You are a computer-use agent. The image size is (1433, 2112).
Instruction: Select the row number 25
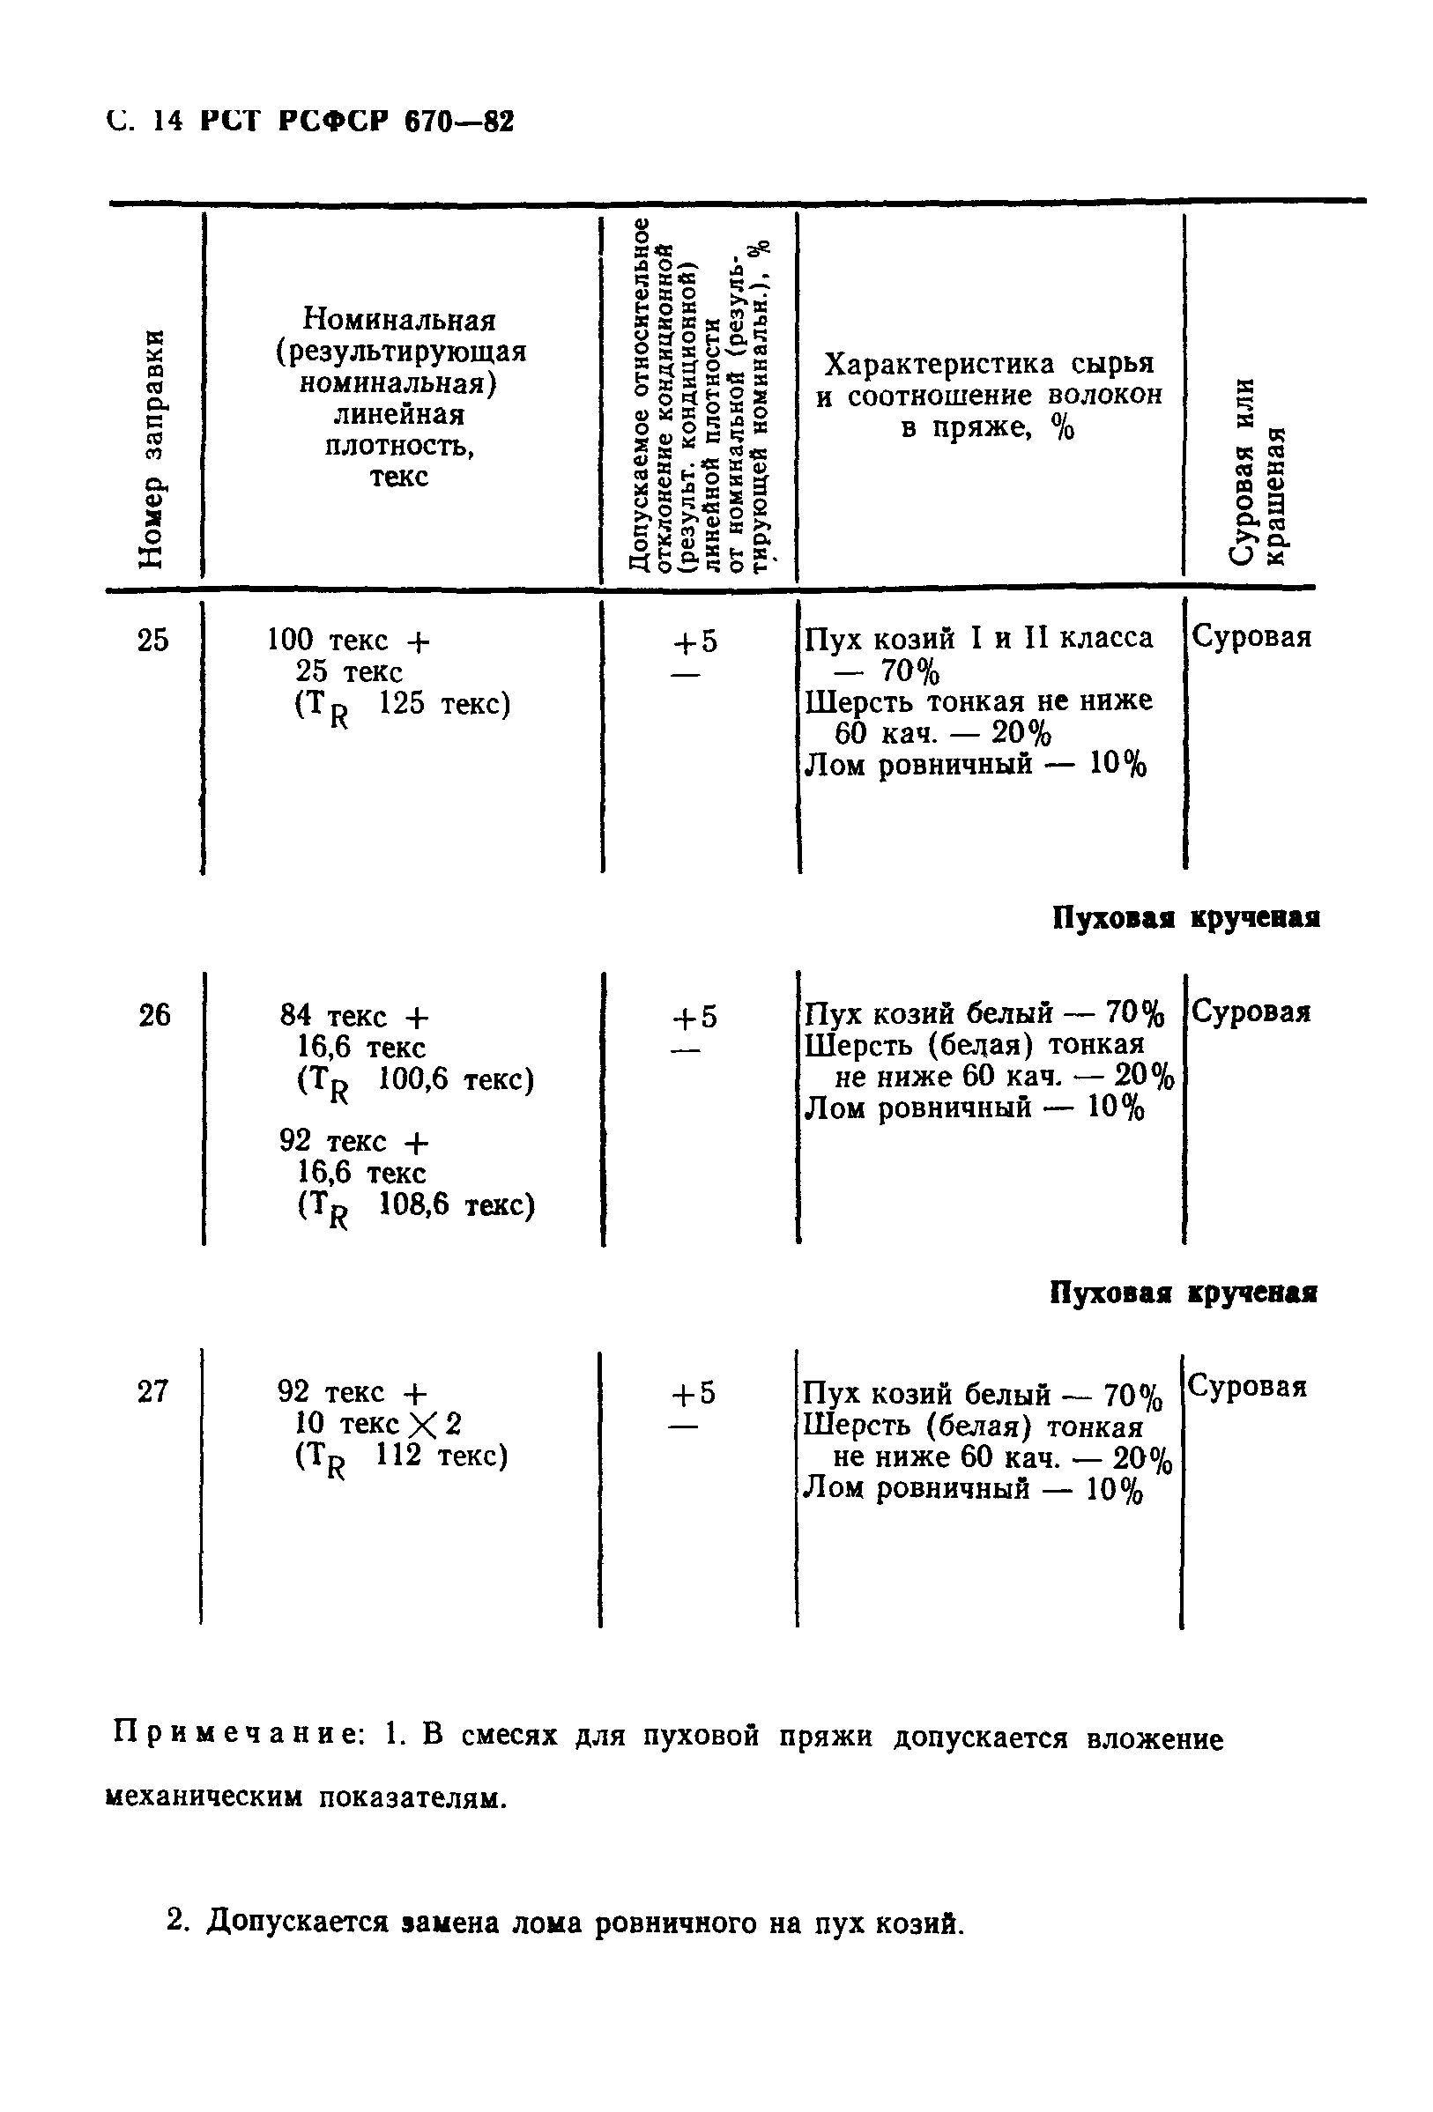(x=152, y=641)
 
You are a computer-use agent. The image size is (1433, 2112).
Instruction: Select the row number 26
(x=153, y=1015)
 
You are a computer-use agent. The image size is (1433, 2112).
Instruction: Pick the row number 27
(x=152, y=1391)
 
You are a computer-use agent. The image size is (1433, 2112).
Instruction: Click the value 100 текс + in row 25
(x=348, y=641)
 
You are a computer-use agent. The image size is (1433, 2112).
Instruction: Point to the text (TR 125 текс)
(x=402, y=707)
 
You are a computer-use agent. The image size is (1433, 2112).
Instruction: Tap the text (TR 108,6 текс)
(x=415, y=1208)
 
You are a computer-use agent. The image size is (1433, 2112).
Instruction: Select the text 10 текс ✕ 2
(x=372, y=1423)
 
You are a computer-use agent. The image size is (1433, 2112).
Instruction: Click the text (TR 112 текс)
(x=400, y=1458)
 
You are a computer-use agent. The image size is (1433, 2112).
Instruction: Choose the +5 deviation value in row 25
(x=694, y=642)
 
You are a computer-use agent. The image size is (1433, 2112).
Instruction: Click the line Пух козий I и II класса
(x=978, y=639)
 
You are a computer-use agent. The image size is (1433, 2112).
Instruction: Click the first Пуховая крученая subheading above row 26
(x=1185, y=918)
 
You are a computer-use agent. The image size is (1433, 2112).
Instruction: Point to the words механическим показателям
(x=306, y=1797)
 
